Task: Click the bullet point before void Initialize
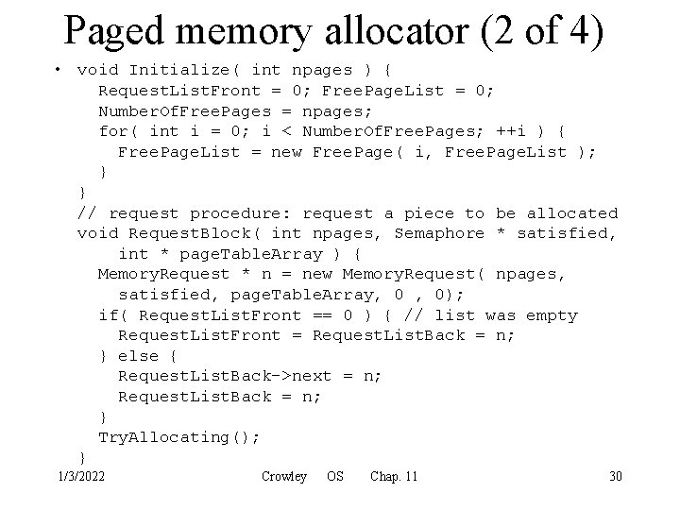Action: (x=59, y=70)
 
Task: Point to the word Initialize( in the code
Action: (x=185, y=70)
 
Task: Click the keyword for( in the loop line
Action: (x=119, y=131)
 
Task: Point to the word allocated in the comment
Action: (x=571, y=213)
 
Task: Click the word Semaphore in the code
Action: (x=438, y=233)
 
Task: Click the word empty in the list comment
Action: (x=552, y=315)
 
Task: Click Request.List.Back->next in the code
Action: (x=225, y=376)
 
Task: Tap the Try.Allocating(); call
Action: (x=179, y=437)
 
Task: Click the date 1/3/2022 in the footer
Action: (x=81, y=476)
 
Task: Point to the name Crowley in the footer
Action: (x=283, y=476)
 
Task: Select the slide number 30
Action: (x=615, y=476)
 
